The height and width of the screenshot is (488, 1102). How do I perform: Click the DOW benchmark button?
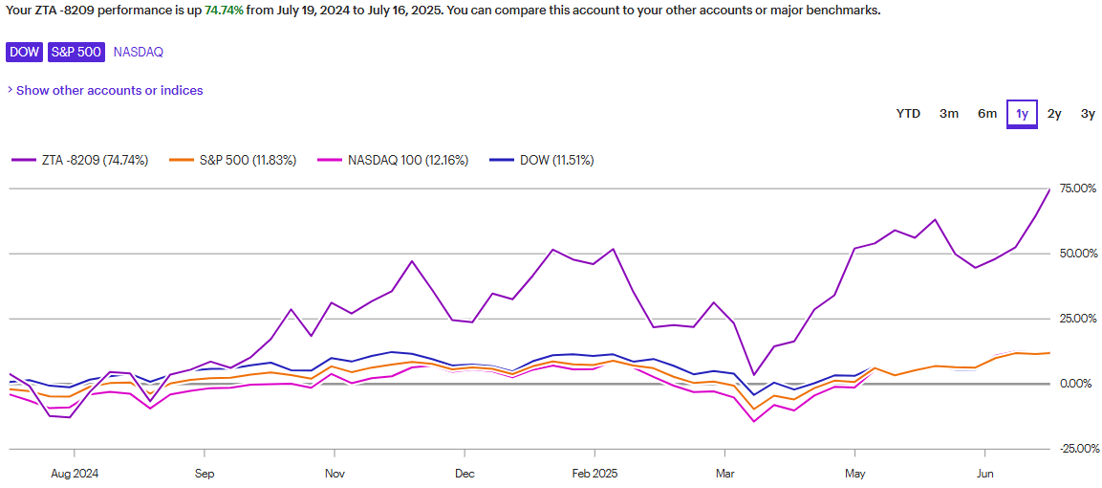(25, 52)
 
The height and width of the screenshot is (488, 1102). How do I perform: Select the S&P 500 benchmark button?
(76, 52)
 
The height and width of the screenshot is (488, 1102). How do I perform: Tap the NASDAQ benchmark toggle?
(138, 52)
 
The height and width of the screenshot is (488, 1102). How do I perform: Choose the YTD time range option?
(908, 114)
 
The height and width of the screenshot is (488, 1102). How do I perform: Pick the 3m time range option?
(948, 114)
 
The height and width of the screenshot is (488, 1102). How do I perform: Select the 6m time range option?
(987, 114)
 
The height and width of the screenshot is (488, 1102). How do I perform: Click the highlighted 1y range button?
(1022, 114)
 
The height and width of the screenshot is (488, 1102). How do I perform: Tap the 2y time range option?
(1054, 114)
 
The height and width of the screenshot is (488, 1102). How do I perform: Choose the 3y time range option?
(1088, 114)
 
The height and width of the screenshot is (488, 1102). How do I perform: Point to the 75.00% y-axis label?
(1077, 189)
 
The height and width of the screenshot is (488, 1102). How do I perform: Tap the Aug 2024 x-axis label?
(74, 473)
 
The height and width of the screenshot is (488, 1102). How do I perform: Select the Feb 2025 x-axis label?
(594, 473)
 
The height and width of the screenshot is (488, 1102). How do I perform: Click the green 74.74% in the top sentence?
(224, 11)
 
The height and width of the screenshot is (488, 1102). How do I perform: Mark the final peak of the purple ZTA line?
(1049, 189)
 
